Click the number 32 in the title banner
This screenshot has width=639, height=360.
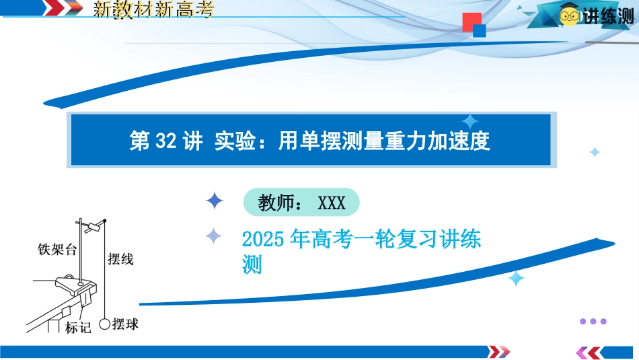click(x=166, y=141)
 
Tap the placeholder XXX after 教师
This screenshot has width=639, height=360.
click(x=332, y=203)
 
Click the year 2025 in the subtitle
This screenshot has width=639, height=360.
click(x=262, y=239)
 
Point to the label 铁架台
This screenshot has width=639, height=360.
click(x=57, y=249)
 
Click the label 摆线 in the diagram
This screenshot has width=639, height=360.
click(x=120, y=259)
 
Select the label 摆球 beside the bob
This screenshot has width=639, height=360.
click(x=126, y=324)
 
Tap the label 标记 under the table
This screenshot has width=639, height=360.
click(x=78, y=328)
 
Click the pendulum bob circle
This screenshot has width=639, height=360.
click(x=105, y=324)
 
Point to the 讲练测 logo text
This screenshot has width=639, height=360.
click(x=608, y=17)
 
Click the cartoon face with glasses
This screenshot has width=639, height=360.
click(x=569, y=15)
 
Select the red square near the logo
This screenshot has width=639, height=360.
click(x=472, y=22)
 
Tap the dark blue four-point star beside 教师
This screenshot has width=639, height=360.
click(x=215, y=201)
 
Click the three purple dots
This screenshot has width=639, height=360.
click(x=593, y=321)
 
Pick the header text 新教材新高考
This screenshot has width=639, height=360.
click(x=153, y=9)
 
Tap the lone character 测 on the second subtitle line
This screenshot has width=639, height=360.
click(x=252, y=264)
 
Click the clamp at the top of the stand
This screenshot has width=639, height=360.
click(x=93, y=226)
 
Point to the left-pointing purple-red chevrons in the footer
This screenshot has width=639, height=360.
click(x=589, y=352)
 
